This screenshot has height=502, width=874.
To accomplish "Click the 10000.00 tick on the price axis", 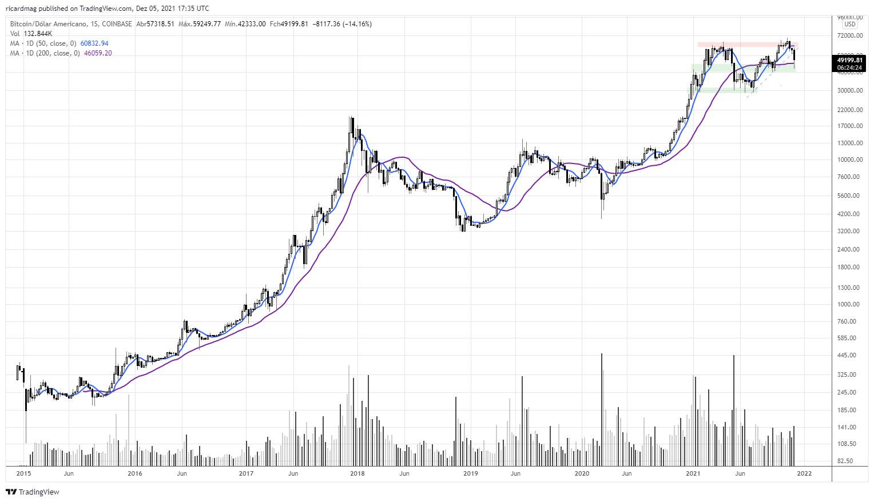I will tap(850, 160).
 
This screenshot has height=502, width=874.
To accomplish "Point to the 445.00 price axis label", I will tap(847, 355).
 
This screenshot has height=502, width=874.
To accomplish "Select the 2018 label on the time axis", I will tap(357, 473).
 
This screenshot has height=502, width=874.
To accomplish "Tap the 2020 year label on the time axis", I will tap(582, 473).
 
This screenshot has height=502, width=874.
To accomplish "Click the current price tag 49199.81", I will tap(849, 60).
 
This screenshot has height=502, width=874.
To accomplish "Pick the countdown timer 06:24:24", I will tap(849, 67).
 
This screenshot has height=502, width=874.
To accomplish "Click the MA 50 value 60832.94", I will tap(94, 43).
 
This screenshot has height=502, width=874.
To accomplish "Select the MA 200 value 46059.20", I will tap(98, 53).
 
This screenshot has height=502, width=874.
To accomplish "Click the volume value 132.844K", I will tap(37, 34).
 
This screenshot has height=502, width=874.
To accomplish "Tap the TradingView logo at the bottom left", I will tap(33, 492).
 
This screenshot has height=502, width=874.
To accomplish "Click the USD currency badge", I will tap(850, 25).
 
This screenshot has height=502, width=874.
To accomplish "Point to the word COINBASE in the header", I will tap(117, 24).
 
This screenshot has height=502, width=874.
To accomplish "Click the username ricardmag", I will tap(21, 9).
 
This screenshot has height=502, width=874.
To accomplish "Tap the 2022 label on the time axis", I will tap(804, 473).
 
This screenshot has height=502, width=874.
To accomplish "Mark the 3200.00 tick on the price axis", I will tap(848, 232).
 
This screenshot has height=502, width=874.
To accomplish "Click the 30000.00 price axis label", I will tap(850, 91).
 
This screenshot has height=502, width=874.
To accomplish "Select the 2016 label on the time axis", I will tap(134, 473).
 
